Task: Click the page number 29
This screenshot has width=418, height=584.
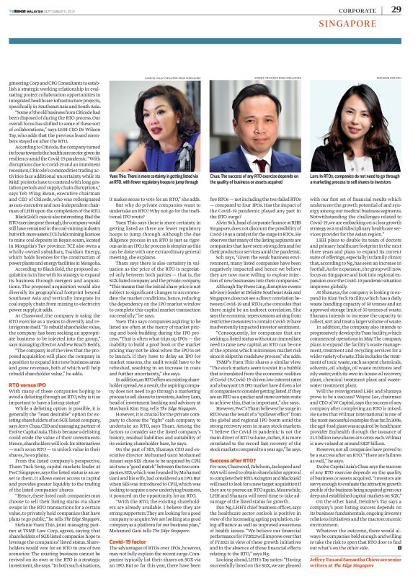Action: pyautogui.click(x=395, y=9)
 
